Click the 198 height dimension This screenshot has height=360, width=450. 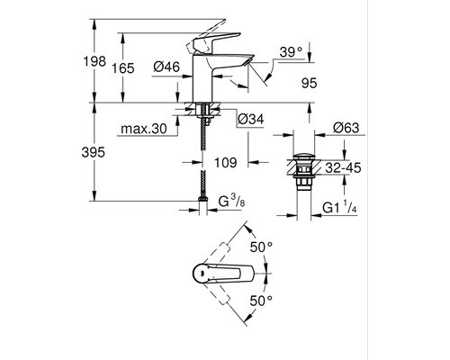(x=94, y=61)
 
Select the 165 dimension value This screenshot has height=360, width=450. (x=123, y=68)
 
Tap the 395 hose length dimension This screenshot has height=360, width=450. (x=94, y=152)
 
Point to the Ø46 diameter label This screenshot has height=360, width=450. (x=166, y=67)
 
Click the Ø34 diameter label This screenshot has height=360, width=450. (x=251, y=119)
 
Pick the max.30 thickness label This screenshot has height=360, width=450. (x=143, y=129)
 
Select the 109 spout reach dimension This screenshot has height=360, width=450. (x=226, y=163)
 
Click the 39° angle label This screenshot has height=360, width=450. (x=291, y=52)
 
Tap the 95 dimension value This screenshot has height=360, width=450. (x=309, y=83)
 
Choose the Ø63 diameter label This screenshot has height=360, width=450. (x=346, y=128)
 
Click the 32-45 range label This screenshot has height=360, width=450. (x=343, y=168)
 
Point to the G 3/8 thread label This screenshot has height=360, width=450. (x=231, y=201)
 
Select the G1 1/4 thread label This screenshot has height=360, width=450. (x=339, y=207)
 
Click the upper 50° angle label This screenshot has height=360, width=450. (x=261, y=247)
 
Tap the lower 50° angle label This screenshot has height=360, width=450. (x=261, y=301)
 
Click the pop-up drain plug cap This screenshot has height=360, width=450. (x=303, y=157)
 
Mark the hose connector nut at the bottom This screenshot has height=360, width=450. (x=203, y=199)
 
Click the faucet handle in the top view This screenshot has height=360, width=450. (x=223, y=274)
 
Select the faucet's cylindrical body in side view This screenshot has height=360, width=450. (x=202, y=78)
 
